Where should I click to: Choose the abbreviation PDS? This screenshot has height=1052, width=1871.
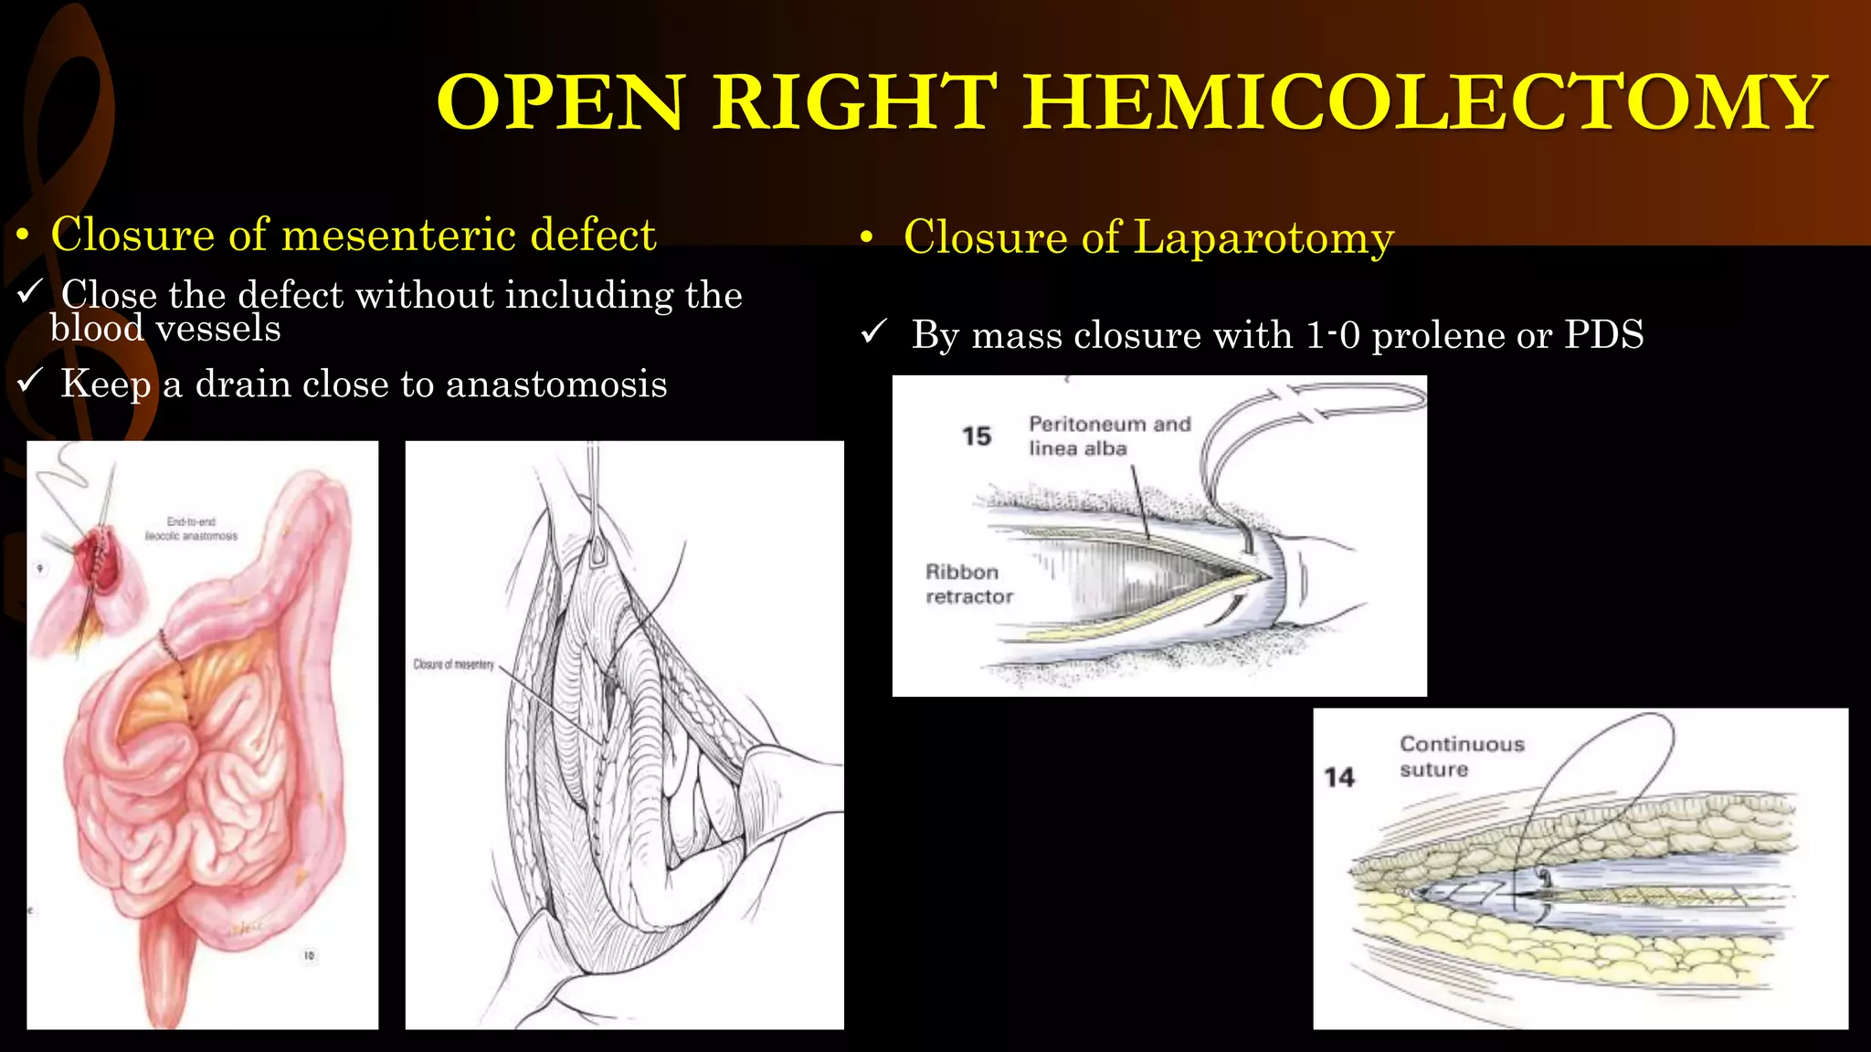(x=1603, y=334)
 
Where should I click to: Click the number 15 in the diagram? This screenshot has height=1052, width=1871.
(x=976, y=437)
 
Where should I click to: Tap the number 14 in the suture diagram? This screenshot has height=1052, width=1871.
(x=1339, y=777)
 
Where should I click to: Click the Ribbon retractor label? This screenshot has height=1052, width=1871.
(x=968, y=584)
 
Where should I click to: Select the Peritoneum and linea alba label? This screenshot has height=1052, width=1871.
(x=1109, y=436)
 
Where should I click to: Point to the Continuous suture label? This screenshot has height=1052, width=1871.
(x=1462, y=756)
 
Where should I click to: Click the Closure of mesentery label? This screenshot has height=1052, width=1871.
(x=453, y=664)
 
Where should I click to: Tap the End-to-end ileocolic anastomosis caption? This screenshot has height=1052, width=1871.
(x=191, y=529)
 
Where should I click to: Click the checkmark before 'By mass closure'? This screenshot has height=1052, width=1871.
(x=874, y=331)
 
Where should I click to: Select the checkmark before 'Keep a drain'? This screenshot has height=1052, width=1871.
(x=30, y=380)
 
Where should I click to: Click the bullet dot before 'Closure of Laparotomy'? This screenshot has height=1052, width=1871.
(x=867, y=238)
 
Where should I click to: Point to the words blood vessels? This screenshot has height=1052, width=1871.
(x=165, y=329)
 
